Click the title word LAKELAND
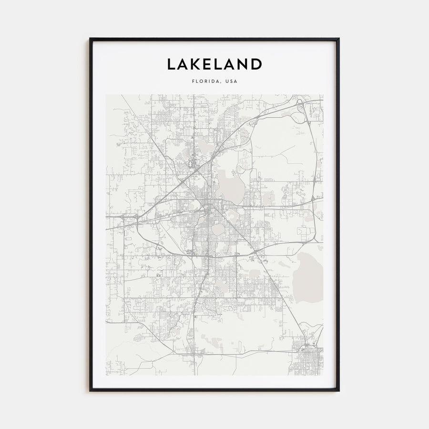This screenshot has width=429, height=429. click(x=214, y=64)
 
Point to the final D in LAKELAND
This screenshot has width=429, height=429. click(x=256, y=64)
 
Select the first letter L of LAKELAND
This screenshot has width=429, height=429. click(x=171, y=64)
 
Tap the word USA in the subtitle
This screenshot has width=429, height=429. click(x=231, y=81)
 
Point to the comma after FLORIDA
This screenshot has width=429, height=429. click(x=221, y=82)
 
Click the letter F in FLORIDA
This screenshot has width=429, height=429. click(x=193, y=81)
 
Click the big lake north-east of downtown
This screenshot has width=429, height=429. click(x=230, y=186)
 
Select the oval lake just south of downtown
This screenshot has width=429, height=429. click(x=218, y=230)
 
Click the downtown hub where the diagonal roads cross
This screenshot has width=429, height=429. click(x=209, y=208)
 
